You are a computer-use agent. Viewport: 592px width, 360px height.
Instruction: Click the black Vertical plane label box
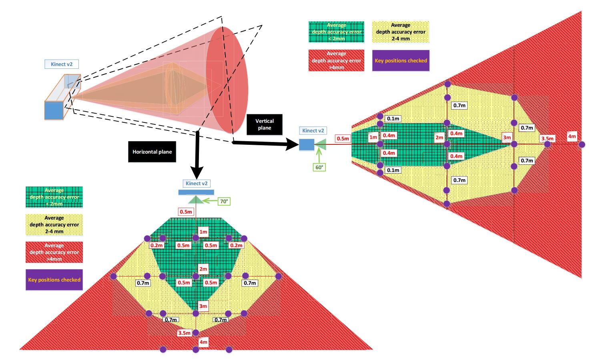pos(265,124)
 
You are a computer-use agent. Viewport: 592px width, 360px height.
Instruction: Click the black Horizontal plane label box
pos(152,152)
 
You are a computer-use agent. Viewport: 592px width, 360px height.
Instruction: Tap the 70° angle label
pos(224,201)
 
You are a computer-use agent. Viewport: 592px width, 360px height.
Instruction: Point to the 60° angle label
pos(319,167)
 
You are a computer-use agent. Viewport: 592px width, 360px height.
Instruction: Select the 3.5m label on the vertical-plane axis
pos(547,139)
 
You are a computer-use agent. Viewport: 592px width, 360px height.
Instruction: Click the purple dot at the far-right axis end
pos(582,144)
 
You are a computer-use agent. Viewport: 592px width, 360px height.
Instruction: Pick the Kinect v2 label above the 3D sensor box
pos(62,64)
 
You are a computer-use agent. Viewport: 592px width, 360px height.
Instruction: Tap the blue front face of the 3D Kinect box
pos(54,110)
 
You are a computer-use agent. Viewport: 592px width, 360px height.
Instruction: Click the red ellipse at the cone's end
pos(227,80)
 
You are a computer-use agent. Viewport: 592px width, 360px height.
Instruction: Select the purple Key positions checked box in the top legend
pos(401,61)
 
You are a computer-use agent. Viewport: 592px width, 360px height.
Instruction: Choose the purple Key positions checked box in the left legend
pos(54,280)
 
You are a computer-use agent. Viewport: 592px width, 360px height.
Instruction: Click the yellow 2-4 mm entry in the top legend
pos(401,32)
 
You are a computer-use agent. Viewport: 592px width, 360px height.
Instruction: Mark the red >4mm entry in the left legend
pos(54,252)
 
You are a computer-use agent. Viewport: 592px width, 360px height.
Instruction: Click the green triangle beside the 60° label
pos(321,144)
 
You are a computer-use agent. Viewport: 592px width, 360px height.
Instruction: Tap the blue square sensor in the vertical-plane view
pos(307,144)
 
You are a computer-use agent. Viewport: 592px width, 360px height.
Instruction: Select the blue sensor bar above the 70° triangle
pos(196,192)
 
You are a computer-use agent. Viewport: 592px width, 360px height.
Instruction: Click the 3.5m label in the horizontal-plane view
pos(185,333)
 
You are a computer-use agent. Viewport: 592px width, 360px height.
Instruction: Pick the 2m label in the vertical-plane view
pos(439,138)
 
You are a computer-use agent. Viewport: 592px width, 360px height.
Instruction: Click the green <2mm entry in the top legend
pos(336,32)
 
